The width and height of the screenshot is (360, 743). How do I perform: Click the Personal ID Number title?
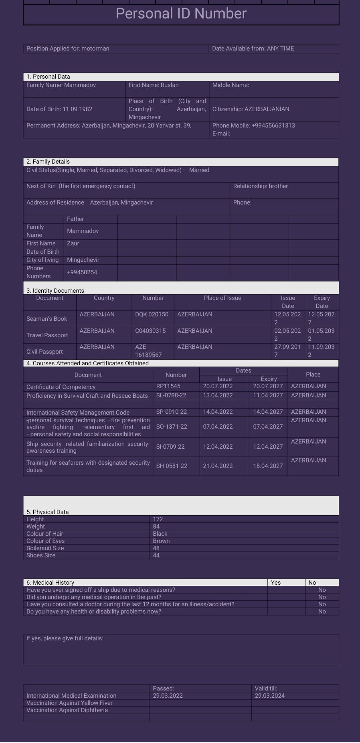pos(181,14)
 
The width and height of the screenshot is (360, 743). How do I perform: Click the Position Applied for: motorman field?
pos(68,49)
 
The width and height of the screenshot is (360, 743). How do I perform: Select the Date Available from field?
pos(253,49)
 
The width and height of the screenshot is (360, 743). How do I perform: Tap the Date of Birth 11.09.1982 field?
pos(60,109)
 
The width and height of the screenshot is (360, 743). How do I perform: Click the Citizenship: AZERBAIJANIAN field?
pos(251,109)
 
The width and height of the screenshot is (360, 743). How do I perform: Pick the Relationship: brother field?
pos(261,186)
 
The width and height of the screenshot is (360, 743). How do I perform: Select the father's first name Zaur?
pos(73,243)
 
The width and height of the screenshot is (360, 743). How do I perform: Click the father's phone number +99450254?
pos(82,272)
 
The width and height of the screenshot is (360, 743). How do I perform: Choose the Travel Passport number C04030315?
pos(150,331)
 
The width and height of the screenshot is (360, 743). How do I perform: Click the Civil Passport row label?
pos(44,352)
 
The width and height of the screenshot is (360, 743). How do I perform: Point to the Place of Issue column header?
pos(222,298)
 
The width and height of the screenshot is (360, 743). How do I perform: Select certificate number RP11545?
pos(168,386)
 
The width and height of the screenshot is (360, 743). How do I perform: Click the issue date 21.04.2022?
pos(218,466)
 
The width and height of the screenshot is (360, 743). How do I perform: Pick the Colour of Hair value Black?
pos(160,534)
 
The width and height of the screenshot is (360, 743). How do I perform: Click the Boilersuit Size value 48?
pos(156,548)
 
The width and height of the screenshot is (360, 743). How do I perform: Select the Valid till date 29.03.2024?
pos(270,696)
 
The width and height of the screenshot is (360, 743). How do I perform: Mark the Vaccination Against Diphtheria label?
pos(67,710)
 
